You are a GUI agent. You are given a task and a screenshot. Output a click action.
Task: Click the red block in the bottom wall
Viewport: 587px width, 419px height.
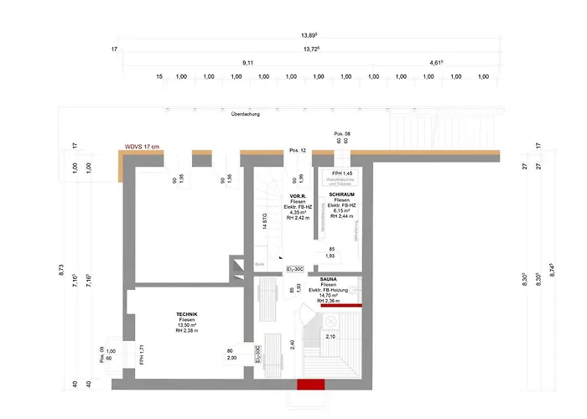(x=310, y=385)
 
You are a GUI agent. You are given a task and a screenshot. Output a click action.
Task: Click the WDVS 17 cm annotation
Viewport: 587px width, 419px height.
(x=142, y=147)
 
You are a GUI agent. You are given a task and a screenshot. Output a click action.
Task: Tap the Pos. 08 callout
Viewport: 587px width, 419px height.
(x=342, y=134)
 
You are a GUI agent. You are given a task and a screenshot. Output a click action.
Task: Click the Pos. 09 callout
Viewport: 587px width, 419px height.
(x=103, y=350)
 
